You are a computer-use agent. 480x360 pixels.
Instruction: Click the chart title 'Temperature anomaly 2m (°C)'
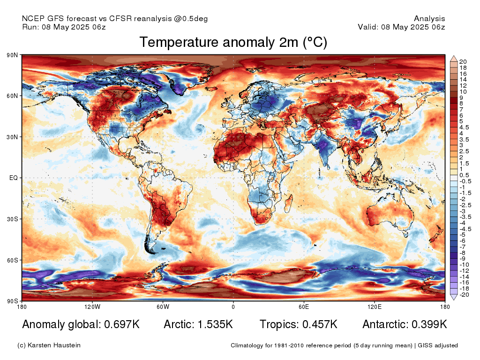pyautogui.click(x=233, y=43)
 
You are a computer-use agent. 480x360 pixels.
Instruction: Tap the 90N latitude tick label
pyautogui.click(x=13, y=55)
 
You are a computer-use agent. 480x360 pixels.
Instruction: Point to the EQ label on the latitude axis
pyautogui.click(x=14, y=178)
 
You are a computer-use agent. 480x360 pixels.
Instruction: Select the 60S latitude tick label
pyautogui.click(x=13, y=260)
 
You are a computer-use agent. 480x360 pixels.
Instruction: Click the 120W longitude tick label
pyautogui.click(x=92, y=307)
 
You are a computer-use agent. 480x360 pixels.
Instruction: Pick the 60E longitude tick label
pyautogui.click(x=304, y=307)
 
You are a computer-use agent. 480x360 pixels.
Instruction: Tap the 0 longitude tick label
pyautogui.click(x=233, y=307)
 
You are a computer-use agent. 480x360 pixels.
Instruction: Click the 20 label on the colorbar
pyautogui.click(x=463, y=61)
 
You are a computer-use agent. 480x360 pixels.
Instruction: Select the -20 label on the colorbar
pyautogui.click(x=465, y=295)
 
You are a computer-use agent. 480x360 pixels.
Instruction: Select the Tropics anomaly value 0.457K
pyautogui.click(x=318, y=324)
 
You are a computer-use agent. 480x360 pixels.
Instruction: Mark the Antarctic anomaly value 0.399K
pyautogui.click(x=429, y=324)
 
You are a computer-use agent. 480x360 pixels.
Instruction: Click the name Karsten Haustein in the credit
pyautogui.click(x=55, y=345)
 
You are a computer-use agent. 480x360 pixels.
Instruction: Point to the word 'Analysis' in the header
pyautogui.click(x=429, y=19)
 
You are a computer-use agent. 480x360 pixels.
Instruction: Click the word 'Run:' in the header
pyautogui.click(x=30, y=27)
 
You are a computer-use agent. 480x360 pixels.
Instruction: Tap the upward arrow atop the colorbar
pyautogui.click(x=454, y=59)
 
